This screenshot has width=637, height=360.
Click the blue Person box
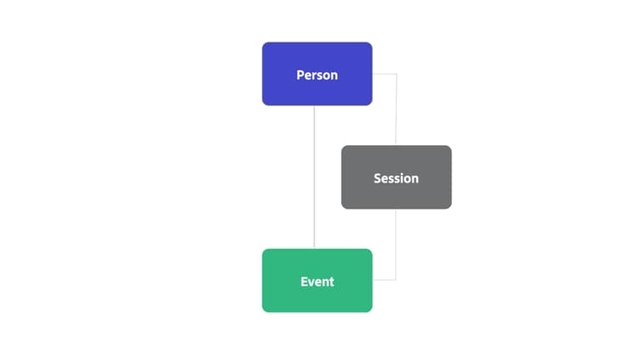pos(317,74)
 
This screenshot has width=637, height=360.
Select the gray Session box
pos(396,177)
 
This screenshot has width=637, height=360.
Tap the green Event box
pos(317,280)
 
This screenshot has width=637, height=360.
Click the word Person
pos(317,76)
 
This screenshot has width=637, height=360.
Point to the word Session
pos(396,178)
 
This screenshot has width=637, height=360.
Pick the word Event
pos(318,282)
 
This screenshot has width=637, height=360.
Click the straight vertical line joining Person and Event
pos(314,177)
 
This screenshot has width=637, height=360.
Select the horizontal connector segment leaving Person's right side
pos(384,74)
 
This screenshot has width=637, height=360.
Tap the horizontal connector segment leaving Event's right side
pos(384,279)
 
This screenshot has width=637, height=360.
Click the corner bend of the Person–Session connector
pos(397,74)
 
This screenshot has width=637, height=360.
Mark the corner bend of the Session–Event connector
pos(396,279)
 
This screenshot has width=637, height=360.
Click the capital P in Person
pos(300,76)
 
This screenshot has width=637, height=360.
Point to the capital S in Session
pos(377,178)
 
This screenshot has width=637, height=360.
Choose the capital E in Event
pos(304,282)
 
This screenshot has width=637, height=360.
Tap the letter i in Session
pos(400,178)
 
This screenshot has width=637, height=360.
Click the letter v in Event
pos(312,283)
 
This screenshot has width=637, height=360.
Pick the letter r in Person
pos(315,76)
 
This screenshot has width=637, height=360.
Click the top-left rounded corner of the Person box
pos(264,45)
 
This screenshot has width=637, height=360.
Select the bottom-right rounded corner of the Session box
pos(449,206)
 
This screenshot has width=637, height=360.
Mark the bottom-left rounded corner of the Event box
pos(264,310)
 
